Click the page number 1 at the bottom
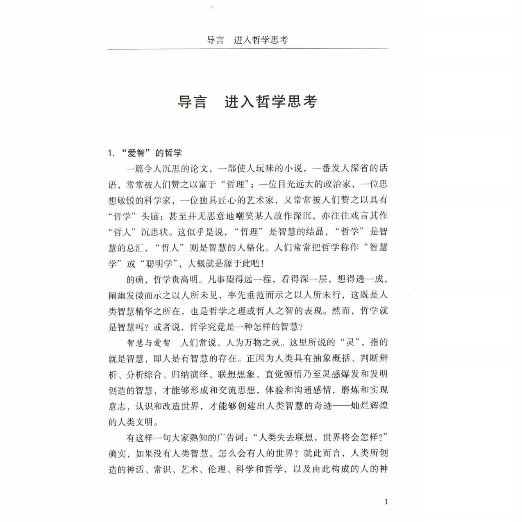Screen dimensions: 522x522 (x=386, y=502)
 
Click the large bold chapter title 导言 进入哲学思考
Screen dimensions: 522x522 (x=247, y=102)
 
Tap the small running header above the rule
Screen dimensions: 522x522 (x=247, y=40)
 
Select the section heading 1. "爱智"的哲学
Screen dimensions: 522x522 (x=145, y=153)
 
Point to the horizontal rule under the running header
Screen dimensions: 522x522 (x=247, y=49)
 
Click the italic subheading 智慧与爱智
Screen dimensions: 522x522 (x=148, y=343)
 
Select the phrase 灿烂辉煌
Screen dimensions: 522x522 (x=369, y=406)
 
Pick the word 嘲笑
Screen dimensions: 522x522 (x=254, y=216)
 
